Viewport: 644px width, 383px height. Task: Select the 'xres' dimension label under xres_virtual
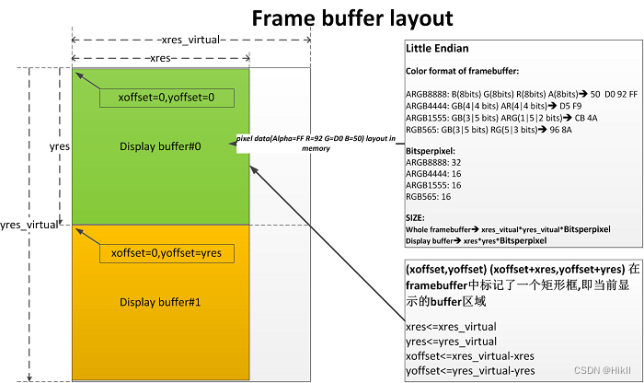161,57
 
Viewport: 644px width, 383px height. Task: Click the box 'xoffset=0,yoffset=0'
166,97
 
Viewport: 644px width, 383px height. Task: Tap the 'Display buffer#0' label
162,146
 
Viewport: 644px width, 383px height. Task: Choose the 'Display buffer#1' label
160,302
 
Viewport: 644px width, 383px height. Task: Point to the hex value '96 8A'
560,130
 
